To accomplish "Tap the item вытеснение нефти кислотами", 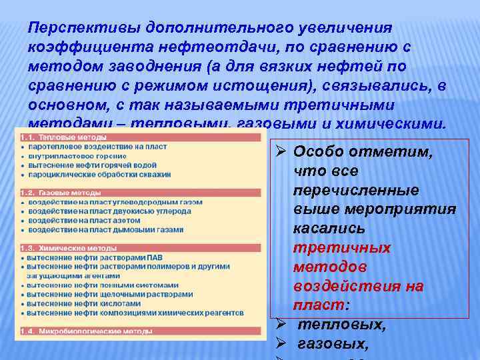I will [80, 303].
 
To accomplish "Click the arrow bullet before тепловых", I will [281, 325].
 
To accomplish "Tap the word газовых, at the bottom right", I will [331, 344].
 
